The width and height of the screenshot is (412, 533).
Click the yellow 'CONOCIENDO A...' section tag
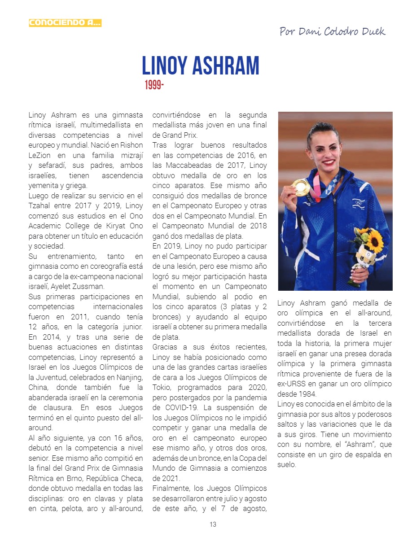(x=65, y=22)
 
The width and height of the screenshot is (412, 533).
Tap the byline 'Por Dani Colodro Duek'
(x=332, y=31)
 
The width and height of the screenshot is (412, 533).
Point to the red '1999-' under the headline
(x=154, y=85)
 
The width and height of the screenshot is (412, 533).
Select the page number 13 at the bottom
(x=213, y=524)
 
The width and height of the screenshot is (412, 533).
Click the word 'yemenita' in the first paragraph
(x=43, y=185)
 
